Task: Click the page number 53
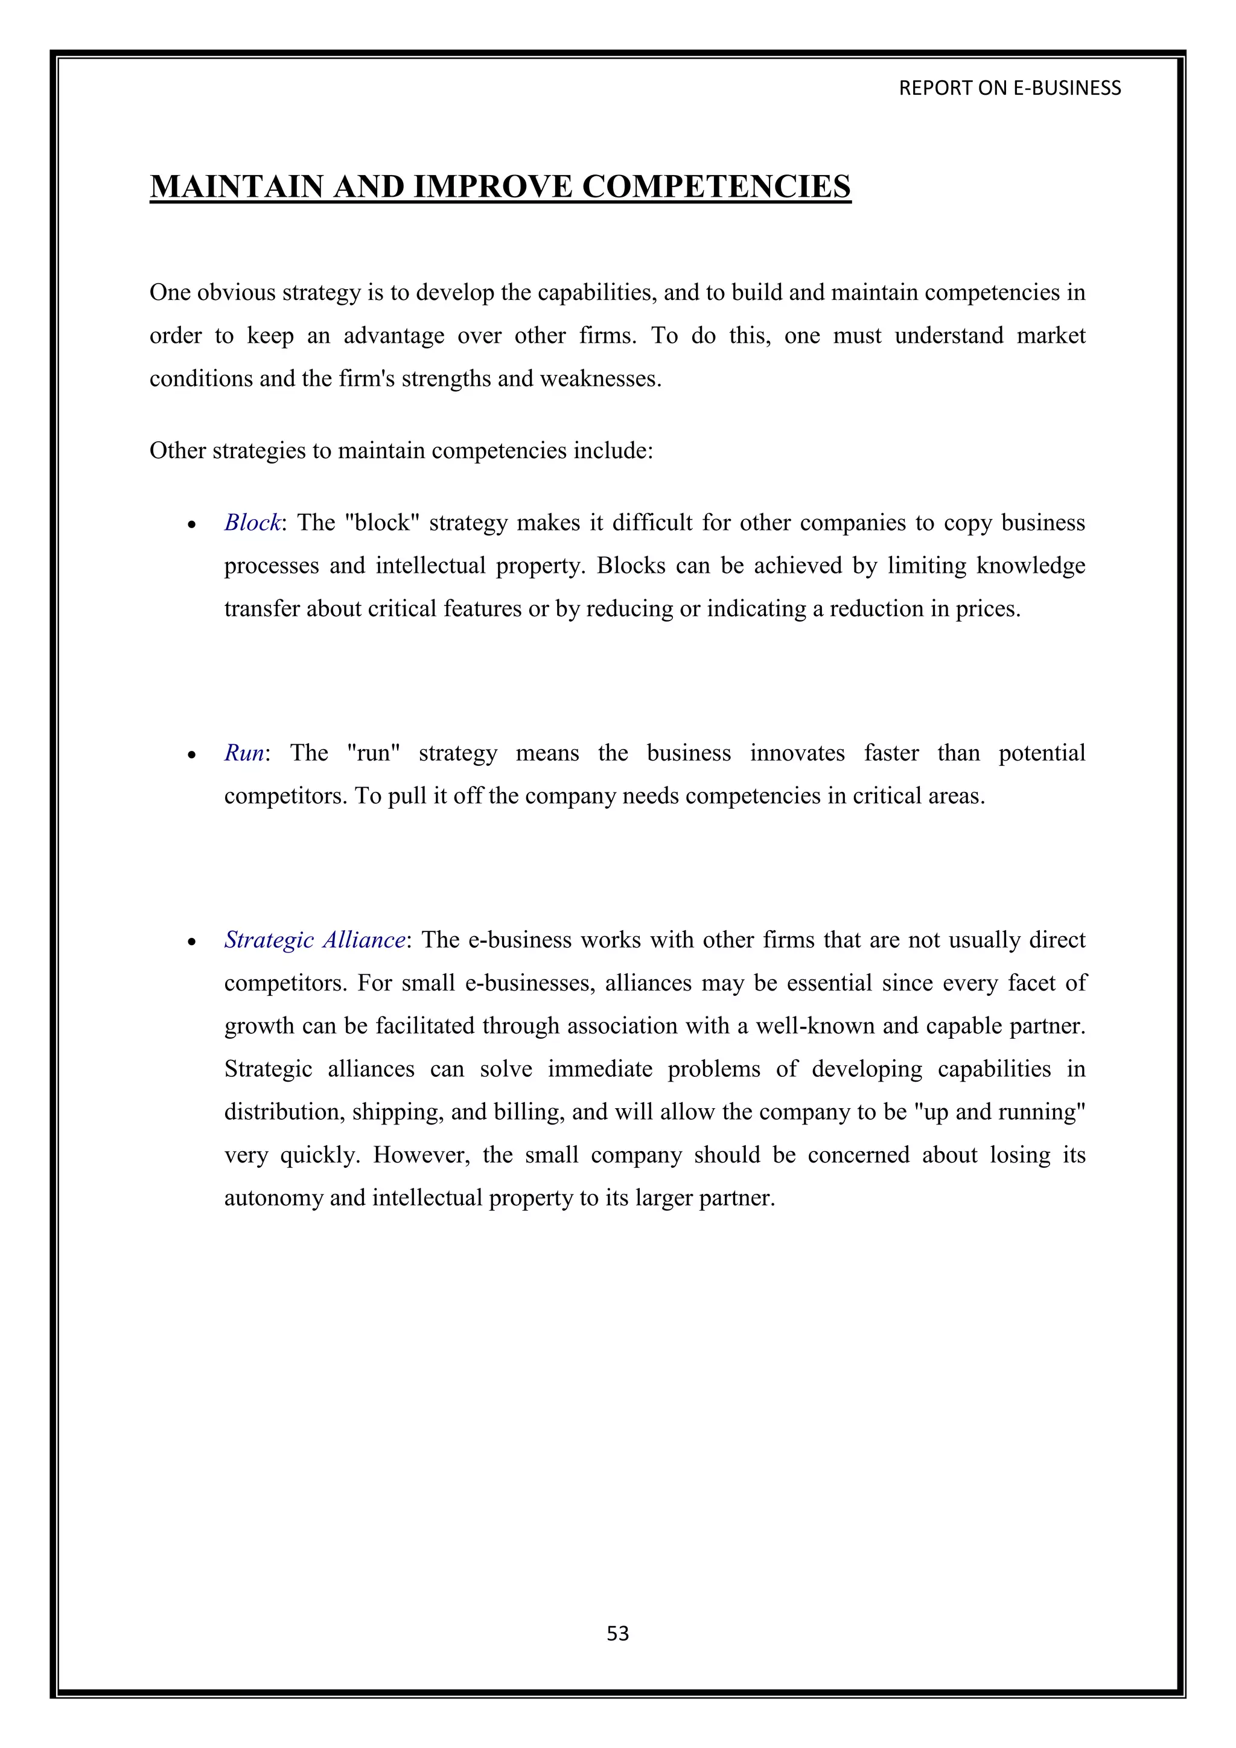(x=617, y=1633)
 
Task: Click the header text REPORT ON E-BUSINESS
(x=1009, y=88)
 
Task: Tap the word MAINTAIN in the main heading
(x=237, y=187)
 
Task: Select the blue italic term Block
(x=252, y=523)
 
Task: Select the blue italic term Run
(x=244, y=753)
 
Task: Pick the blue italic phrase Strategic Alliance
(x=314, y=940)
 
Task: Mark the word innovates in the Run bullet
(x=797, y=753)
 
